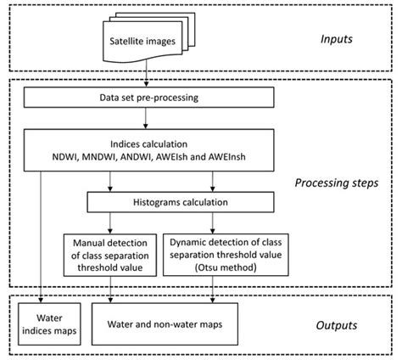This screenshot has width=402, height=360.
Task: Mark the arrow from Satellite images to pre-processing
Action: pyautogui.click(x=149, y=76)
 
